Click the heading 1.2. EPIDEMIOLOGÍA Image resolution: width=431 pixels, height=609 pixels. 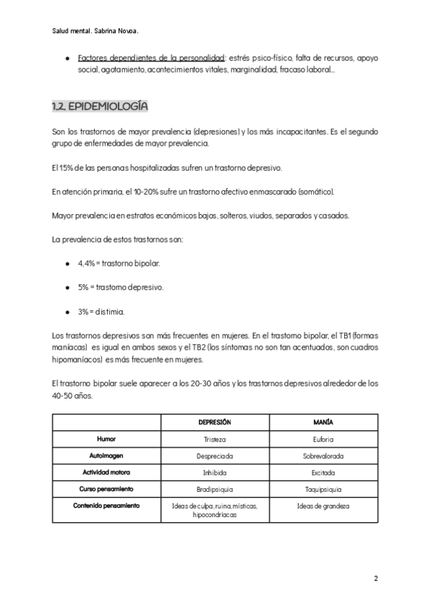point(100,107)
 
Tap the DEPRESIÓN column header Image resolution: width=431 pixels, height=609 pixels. point(214,422)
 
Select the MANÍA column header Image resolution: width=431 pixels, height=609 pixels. point(324,422)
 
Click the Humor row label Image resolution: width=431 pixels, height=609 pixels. point(106,438)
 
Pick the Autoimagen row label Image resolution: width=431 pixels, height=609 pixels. point(106,455)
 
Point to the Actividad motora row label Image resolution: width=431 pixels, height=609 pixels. point(106,472)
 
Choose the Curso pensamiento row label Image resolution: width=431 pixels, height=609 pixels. point(106,489)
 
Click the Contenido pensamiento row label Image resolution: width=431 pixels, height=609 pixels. point(106,506)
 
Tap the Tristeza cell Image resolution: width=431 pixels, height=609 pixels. point(214,438)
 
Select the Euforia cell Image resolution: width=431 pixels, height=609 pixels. point(324,438)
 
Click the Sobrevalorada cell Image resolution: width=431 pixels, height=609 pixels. point(324,455)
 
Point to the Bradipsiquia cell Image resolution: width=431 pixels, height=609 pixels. point(214,489)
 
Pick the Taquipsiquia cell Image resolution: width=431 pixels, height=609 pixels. point(324,489)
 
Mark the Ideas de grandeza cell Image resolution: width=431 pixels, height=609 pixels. point(324,506)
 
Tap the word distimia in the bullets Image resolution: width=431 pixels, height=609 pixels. point(111,312)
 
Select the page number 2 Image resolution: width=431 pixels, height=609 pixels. point(376,578)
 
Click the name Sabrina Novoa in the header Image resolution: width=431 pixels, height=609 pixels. point(118,31)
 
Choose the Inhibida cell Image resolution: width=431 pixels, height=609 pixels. point(214,472)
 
